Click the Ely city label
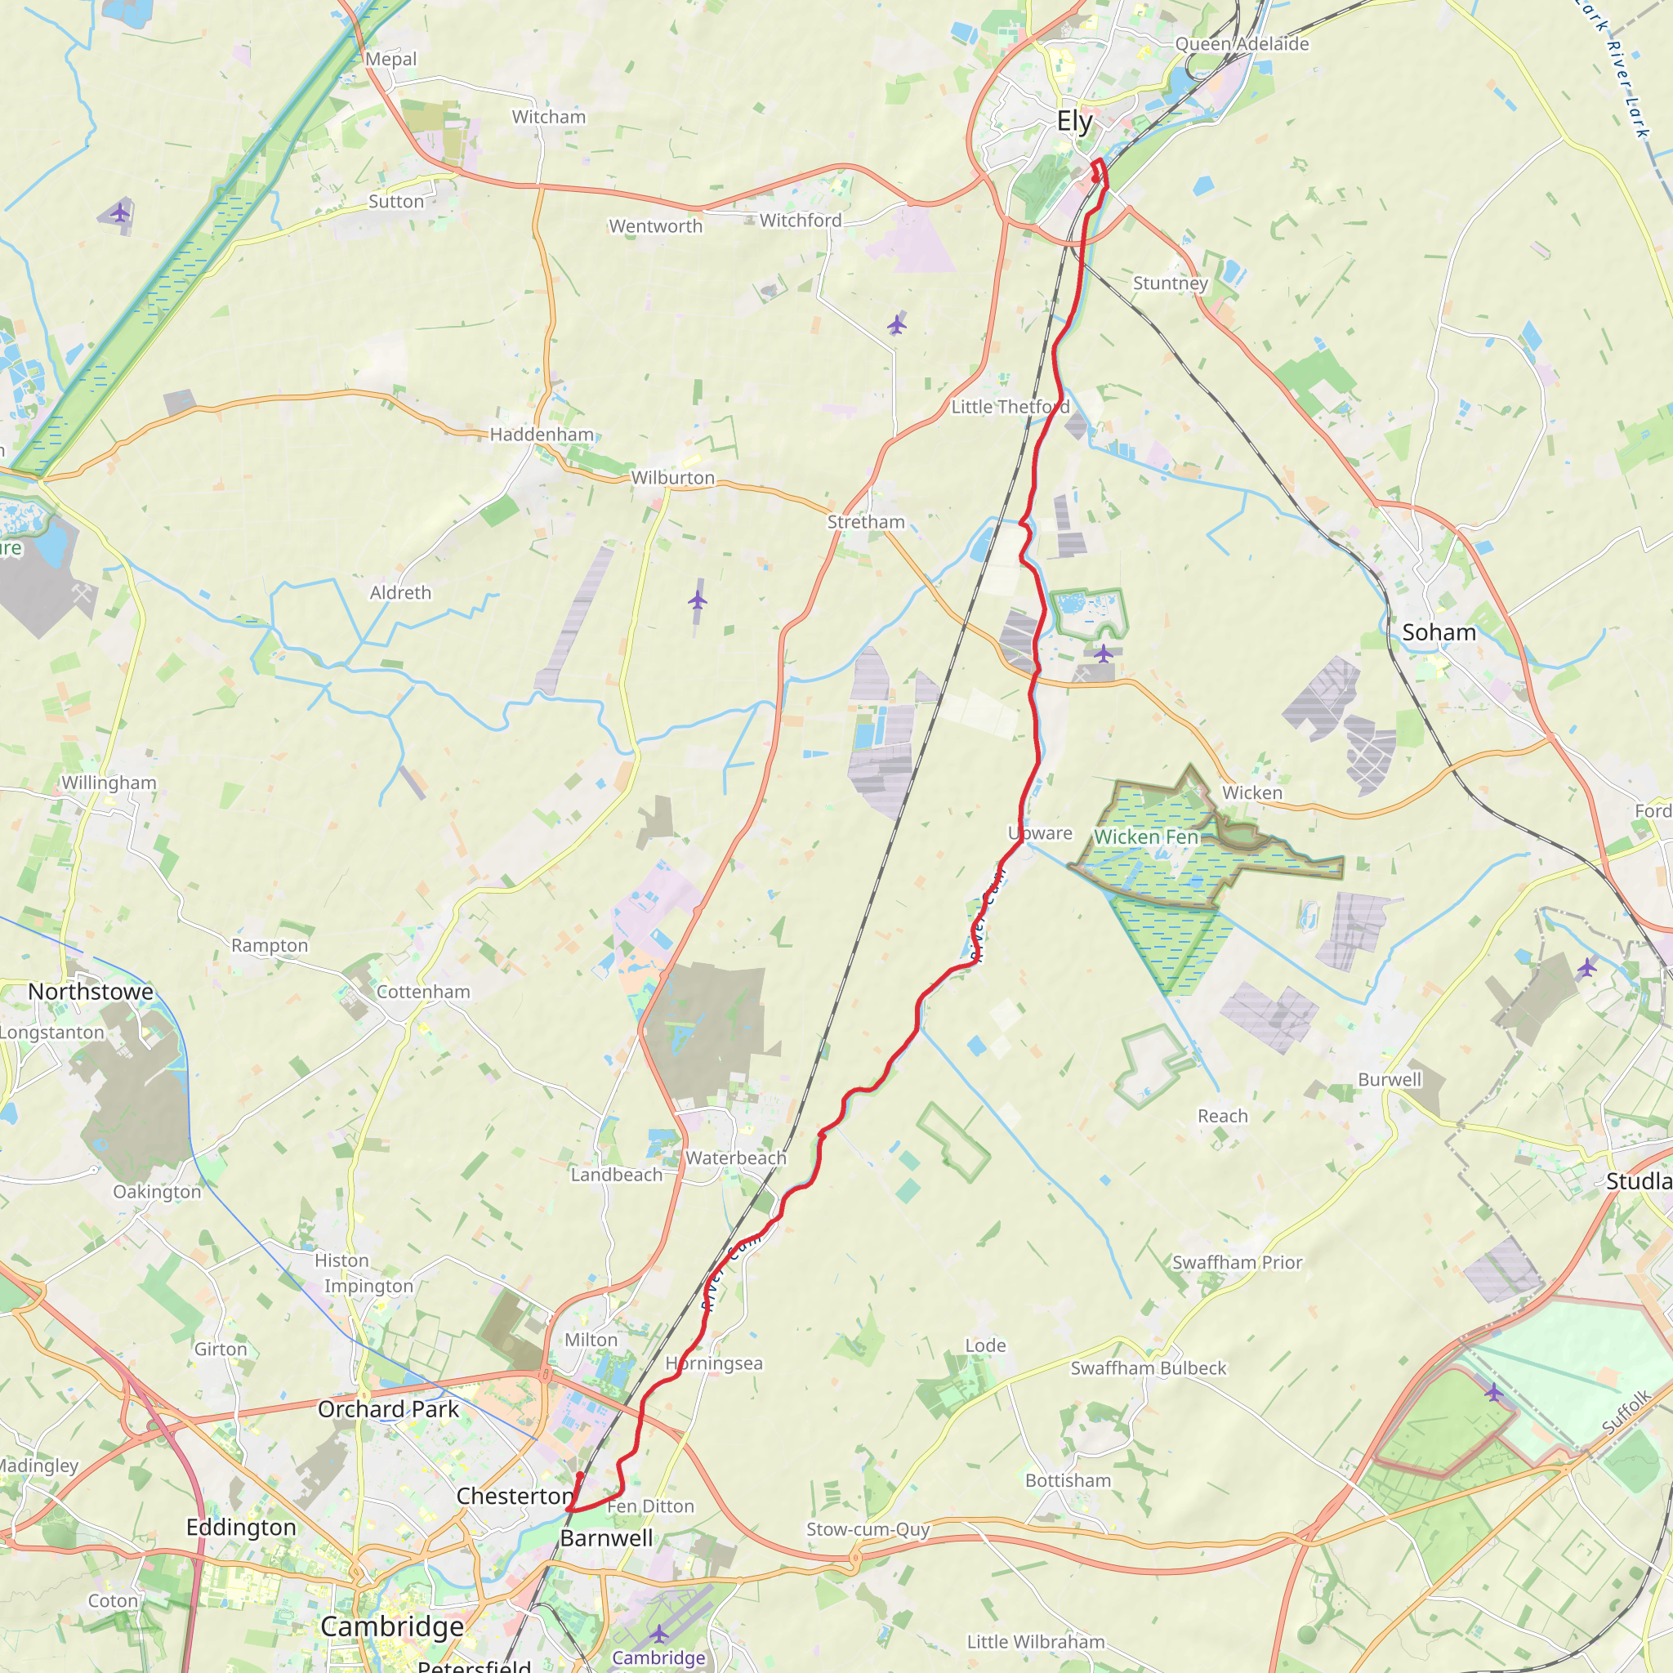(1075, 121)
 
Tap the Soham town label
(1439, 632)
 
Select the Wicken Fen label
(1145, 836)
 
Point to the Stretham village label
(866, 522)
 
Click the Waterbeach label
(736, 1158)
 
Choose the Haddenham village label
(542, 435)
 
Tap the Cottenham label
(423, 992)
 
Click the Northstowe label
(91, 992)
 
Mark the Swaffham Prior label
(1238, 1263)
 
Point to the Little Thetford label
(1010, 407)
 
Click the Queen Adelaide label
(1242, 44)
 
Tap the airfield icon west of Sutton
(120, 212)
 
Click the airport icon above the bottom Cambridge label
(660, 1634)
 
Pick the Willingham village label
(109, 783)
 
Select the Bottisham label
(1068, 1481)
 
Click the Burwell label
(1390, 1080)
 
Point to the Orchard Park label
(388, 1410)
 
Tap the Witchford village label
(800, 221)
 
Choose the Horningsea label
(715, 1364)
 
